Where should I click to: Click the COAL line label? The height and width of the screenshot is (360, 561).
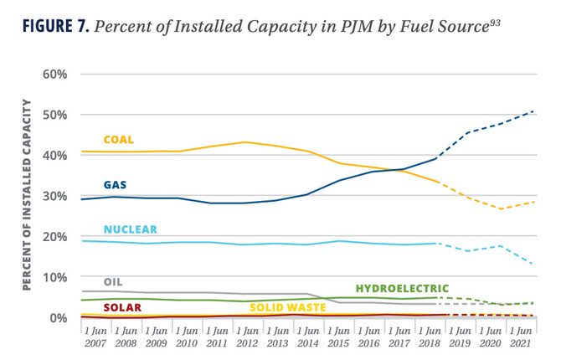(118, 140)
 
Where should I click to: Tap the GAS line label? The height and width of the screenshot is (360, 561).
(115, 184)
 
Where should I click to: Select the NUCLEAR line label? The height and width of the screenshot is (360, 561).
(130, 229)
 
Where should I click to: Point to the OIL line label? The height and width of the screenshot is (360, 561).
(113, 282)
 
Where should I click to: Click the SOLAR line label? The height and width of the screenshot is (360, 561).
(122, 307)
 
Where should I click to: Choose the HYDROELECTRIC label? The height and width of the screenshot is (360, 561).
(402, 289)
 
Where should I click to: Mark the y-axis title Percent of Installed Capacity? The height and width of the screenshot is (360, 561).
(27, 194)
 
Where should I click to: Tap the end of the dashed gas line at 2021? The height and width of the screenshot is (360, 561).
(534, 111)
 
